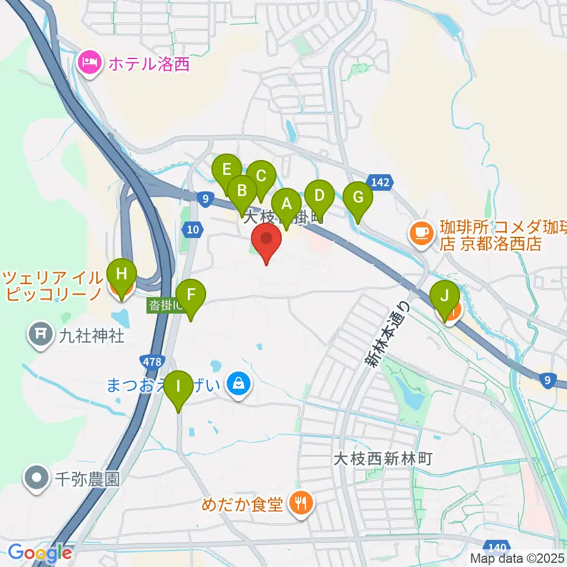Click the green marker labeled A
pyautogui.click(x=286, y=204)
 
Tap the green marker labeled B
pyautogui.click(x=242, y=191)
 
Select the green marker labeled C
pyautogui.click(x=260, y=176)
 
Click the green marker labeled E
pyautogui.click(x=226, y=171)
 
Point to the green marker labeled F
pyautogui.click(x=191, y=295)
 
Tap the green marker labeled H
pyautogui.click(x=122, y=275)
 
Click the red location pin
pyautogui.click(x=266, y=240)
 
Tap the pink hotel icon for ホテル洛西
pyautogui.click(x=91, y=63)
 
